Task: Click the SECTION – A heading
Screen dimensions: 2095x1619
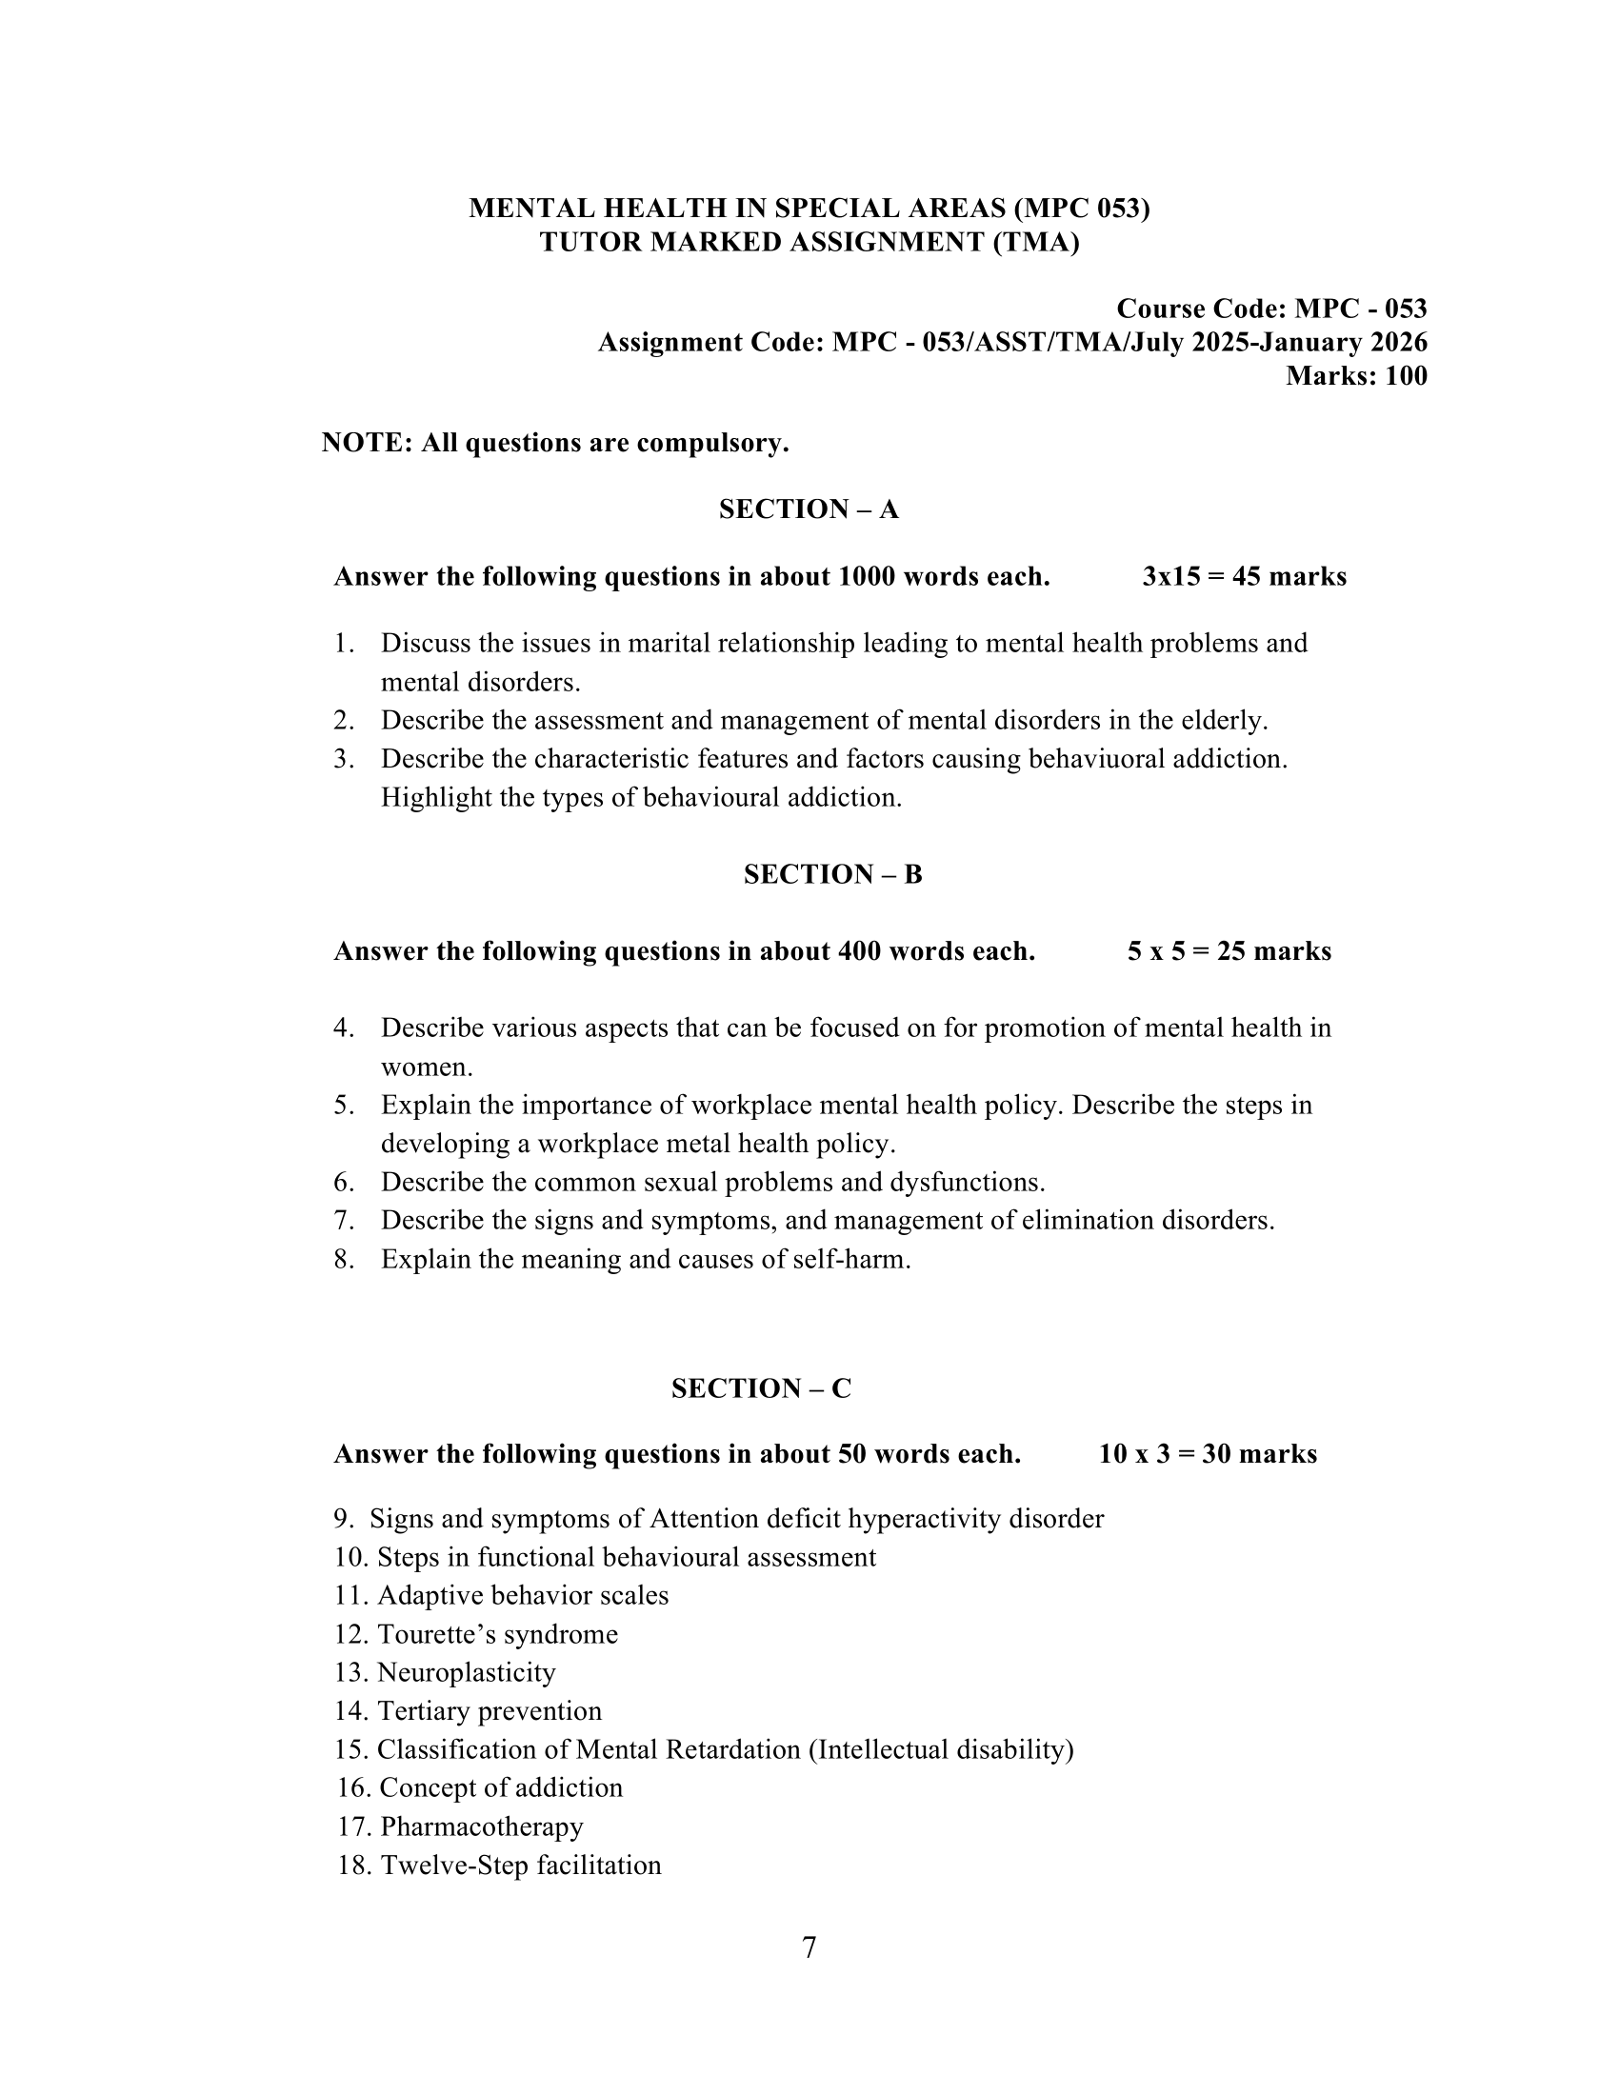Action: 809,509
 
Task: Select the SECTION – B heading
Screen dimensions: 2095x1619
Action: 832,875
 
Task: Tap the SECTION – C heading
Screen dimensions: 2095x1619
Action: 761,1389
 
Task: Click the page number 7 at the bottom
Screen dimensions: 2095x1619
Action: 809,1948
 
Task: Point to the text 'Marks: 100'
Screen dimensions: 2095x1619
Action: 1356,376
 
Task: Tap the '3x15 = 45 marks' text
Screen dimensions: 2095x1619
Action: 1244,576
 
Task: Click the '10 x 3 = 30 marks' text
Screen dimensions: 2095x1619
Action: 1208,1454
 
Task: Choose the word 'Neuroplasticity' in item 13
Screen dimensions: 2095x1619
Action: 466,1673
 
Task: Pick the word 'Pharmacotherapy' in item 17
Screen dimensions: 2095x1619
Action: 482,1826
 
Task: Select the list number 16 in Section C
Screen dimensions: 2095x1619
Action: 353,1788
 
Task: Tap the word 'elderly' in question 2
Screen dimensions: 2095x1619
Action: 1223,721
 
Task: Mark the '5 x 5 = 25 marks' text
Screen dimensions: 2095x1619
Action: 1229,951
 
